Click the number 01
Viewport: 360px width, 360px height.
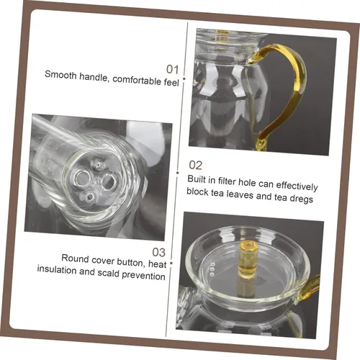click(x=173, y=69)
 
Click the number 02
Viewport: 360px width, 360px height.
click(x=195, y=166)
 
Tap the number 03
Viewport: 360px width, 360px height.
click(x=159, y=252)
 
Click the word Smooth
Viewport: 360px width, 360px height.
click(x=60, y=75)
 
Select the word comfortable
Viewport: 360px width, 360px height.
click(x=137, y=80)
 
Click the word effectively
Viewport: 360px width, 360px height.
click(x=297, y=186)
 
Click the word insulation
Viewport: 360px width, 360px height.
click(x=57, y=269)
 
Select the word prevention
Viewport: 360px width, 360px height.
click(x=143, y=275)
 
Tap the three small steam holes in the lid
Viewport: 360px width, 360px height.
click(x=212, y=269)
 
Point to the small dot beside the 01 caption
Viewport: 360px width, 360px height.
click(x=184, y=78)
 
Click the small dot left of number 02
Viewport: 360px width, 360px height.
click(x=177, y=173)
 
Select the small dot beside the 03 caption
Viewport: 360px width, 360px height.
click(x=171, y=264)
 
